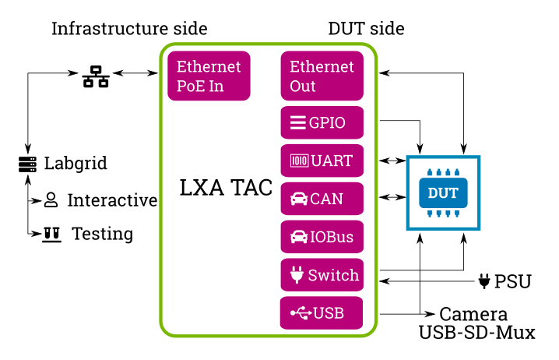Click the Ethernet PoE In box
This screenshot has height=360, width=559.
point(209,76)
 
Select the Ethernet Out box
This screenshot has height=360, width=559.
point(322,76)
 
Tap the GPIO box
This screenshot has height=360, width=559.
point(322,122)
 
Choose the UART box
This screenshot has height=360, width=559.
point(322,161)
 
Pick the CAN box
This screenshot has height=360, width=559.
point(322,199)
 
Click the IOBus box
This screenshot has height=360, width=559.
point(322,237)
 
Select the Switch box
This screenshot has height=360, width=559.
point(322,275)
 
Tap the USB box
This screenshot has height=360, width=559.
point(322,313)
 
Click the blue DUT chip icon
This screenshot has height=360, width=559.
point(444,192)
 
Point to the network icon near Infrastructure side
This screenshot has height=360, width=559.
point(96,76)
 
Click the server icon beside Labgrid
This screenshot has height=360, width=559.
point(28,164)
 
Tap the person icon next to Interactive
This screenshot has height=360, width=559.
point(51,200)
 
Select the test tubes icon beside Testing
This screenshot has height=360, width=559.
point(52,234)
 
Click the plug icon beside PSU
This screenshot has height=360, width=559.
point(484,281)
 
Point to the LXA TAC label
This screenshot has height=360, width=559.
point(227,189)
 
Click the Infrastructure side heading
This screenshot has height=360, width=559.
point(129,30)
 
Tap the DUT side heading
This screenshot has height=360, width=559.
point(366,30)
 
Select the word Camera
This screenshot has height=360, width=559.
point(474,315)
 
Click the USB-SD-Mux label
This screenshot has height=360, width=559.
point(477,333)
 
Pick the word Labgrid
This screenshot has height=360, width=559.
point(76,164)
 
